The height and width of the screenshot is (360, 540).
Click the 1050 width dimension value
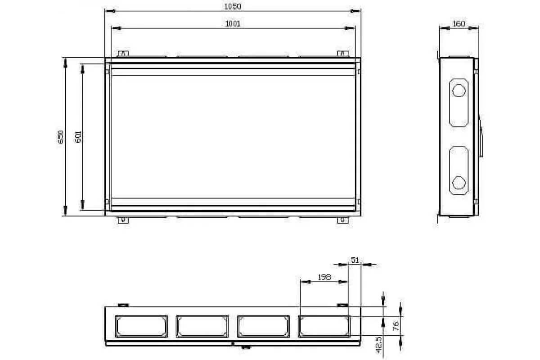point(232,6)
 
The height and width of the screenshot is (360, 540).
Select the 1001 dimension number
point(233,24)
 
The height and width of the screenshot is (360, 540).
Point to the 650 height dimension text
point(60,137)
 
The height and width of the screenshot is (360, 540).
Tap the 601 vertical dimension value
point(78,137)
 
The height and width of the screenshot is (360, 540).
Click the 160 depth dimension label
point(459,24)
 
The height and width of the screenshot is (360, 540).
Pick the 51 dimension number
point(355,260)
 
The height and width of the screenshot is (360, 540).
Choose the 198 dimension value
point(324,277)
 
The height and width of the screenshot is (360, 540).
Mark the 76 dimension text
point(396,326)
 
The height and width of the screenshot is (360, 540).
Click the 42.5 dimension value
point(379,345)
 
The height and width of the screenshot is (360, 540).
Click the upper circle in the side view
point(459,90)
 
